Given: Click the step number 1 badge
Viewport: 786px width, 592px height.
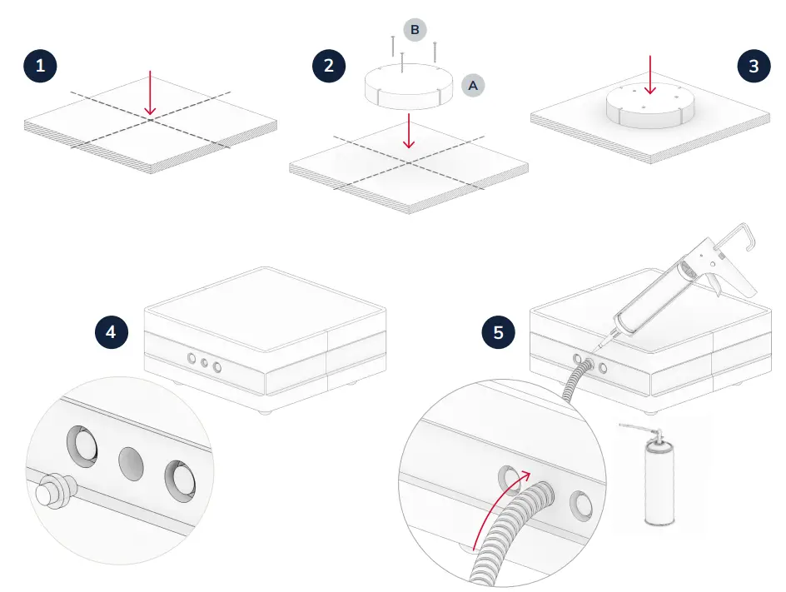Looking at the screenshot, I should click(40, 66).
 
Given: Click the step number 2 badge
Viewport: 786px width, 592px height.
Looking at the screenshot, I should click(329, 66).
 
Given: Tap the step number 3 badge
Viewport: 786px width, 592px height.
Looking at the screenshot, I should click(754, 66).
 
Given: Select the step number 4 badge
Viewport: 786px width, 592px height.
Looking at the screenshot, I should click(111, 332).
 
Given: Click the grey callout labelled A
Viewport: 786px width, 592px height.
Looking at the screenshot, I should click(473, 85).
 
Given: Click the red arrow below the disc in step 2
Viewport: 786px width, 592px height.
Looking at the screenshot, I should click(407, 132).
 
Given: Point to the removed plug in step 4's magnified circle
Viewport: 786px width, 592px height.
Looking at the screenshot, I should click(52, 491).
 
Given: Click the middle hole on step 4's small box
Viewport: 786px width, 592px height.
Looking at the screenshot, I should click(205, 363).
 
